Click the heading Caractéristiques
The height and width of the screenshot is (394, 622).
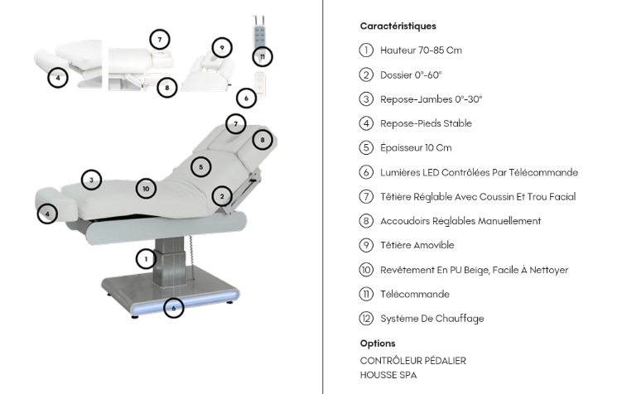pyautogui.click(x=398, y=26)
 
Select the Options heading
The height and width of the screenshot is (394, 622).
pyautogui.click(x=378, y=343)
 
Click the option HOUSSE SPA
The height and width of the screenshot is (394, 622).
pyautogui.click(x=388, y=375)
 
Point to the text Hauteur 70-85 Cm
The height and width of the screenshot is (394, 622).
pyautogui.click(x=421, y=50)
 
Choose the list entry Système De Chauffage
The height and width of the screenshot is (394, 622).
pyautogui.click(x=432, y=319)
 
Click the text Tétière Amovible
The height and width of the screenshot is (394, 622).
pyautogui.click(x=417, y=245)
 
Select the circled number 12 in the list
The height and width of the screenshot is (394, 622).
pyautogui.click(x=367, y=319)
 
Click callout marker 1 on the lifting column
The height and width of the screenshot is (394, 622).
pyautogui.click(x=146, y=258)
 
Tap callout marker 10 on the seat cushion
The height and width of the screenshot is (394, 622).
pyautogui.click(x=146, y=188)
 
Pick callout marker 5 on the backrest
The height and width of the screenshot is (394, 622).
pyautogui.click(x=200, y=167)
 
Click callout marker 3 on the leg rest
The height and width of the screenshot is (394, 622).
pyautogui.click(x=91, y=179)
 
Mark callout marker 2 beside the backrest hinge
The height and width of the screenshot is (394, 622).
pyautogui.click(x=221, y=196)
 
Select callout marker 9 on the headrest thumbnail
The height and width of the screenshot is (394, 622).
pyautogui.click(x=221, y=47)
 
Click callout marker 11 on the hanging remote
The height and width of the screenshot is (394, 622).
pyautogui.click(x=263, y=56)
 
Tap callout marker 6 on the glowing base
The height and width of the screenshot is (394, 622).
pyautogui.click(x=173, y=308)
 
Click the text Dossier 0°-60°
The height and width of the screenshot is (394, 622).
pyautogui.click(x=411, y=74)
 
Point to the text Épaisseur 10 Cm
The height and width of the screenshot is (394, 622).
pyautogui.click(x=416, y=148)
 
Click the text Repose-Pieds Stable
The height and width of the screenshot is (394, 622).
pyautogui.click(x=426, y=123)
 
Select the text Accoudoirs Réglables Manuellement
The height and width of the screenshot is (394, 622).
pyautogui.click(x=460, y=221)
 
